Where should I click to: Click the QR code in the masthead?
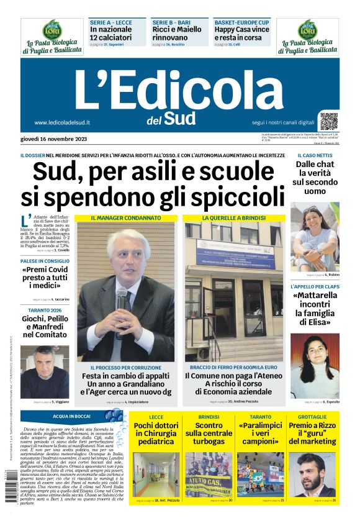(329, 121)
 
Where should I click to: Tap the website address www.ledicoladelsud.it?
(62, 122)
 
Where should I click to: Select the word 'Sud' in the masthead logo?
(180, 118)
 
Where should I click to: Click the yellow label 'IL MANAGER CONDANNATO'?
(126, 218)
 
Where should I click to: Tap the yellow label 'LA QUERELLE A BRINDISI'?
(233, 218)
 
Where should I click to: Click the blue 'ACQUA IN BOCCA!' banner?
(71, 416)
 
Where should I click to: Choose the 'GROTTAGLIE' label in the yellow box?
(312, 417)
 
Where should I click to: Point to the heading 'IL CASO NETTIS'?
(315, 155)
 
